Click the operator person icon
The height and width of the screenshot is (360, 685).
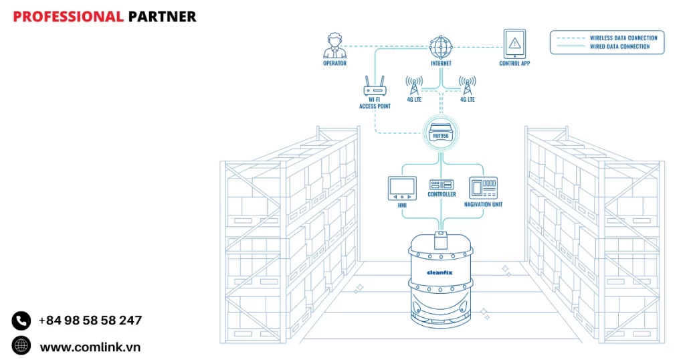pos(334,46)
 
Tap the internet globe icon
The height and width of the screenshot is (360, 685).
pos(441,47)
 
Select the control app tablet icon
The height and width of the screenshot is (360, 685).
pos(514,43)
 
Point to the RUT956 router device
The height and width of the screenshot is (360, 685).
pos(440,132)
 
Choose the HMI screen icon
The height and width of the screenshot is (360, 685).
pos(402,188)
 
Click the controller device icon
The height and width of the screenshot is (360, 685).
pos(442,184)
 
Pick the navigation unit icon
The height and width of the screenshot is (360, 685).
pos(483,187)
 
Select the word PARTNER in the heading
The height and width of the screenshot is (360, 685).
pos(162,17)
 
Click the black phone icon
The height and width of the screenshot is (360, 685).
pos(21,321)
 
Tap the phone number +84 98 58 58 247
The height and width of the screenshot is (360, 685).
pos(90,321)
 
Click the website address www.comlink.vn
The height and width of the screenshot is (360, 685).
pos(90,347)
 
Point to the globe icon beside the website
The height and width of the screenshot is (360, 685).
pos(21,346)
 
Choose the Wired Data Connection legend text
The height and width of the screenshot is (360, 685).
pos(619,47)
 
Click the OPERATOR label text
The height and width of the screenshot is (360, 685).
pos(334,64)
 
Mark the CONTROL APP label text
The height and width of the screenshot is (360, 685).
pos(514,64)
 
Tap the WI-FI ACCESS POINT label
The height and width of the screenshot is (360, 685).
pos(375,103)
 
